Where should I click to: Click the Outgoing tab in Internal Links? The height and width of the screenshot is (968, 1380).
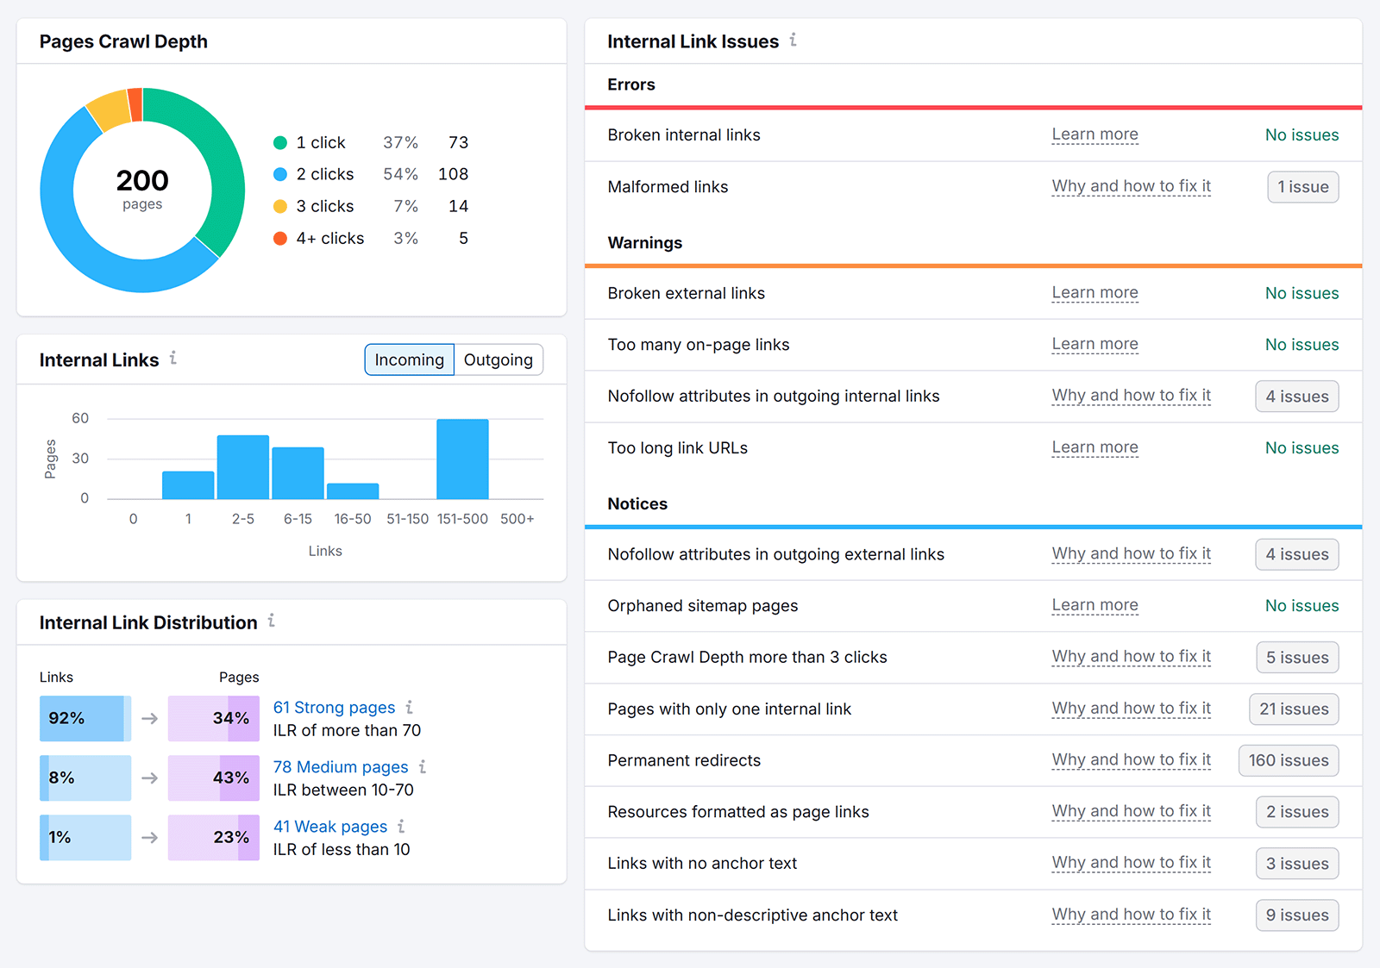pos(498,359)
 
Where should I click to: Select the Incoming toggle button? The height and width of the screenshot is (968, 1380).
pos(409,359)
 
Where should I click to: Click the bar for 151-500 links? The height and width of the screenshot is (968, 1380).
pos(462,459)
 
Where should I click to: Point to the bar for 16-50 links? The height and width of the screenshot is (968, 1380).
pos(353,490)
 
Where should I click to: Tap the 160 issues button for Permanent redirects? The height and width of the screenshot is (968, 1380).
pos(1288,760)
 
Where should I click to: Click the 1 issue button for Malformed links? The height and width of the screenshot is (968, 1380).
pos(1302,187)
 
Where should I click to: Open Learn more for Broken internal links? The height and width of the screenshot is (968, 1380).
pos(1095,134)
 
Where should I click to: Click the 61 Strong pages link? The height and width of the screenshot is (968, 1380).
pos(334,708)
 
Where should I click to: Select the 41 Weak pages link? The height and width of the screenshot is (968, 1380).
pos(330,827)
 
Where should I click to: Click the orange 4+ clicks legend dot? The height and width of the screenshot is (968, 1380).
pos(280,239)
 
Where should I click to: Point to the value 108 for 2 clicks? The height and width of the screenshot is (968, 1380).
pos(453,174)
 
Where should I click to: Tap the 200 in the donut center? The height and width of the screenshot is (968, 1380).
pos(142,180)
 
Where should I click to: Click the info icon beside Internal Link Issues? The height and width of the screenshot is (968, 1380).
pos(793,40)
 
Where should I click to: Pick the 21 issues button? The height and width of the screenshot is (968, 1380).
pos(1293,709)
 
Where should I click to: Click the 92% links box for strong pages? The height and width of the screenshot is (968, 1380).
pos(85,718)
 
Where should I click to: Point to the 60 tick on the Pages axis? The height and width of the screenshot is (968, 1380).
pos(80,418)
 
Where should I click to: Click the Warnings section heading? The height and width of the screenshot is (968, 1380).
pos(644,243)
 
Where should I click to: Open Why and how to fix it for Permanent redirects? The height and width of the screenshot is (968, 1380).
pos(1131,760)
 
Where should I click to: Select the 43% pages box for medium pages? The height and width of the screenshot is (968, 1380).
pos(213,778)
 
